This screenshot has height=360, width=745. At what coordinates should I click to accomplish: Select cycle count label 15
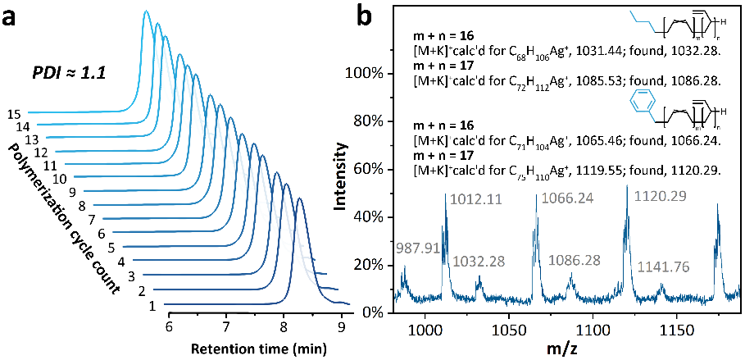pos(11,114)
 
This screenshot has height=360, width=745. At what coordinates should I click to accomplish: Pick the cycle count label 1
pos(152,307)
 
